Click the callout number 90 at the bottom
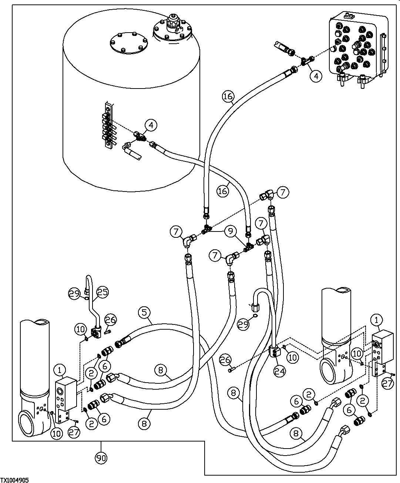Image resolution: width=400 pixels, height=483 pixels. tap(101, 458)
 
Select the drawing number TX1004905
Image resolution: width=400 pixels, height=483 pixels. tap(15, 480)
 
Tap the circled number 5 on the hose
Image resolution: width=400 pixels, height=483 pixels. tap(145, 313)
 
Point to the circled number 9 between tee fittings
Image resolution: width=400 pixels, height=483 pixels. tap(230, 231)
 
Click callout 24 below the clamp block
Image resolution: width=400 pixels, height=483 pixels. tap(280, 371)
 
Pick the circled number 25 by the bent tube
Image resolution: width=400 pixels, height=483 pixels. tap(103, 292)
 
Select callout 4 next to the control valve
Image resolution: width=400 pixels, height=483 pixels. tap(316, 76)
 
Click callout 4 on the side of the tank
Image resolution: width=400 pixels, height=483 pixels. tap(151, 125)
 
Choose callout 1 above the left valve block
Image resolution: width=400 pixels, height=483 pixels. tap(60, 369)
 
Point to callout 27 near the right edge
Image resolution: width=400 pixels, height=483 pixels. tap(387, 384)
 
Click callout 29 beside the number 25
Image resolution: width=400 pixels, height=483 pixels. tap(74, 294)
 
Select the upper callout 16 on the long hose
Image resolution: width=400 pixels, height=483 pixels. tap(228, 97)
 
